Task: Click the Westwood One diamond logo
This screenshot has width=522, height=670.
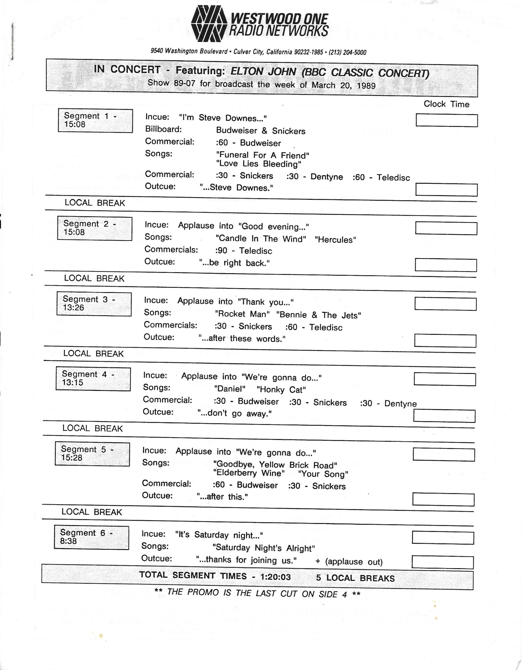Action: coord(209,24)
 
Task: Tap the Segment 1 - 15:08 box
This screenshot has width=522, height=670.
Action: coord(95,121)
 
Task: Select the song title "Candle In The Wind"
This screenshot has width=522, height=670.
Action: coord(261,239)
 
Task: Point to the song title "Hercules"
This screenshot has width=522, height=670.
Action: coord(335,239)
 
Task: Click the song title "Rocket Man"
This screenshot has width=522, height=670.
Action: coord(242,314)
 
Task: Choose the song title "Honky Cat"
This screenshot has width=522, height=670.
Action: coord(281,390)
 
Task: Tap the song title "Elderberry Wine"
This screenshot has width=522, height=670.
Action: coord(249,473)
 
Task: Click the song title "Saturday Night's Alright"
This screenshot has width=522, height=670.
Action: coord(264,548)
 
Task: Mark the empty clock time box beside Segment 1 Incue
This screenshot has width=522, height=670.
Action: coord(447,120)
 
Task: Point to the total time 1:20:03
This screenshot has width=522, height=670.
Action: coord(276,577)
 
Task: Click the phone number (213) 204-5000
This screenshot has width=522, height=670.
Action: coord(347,52)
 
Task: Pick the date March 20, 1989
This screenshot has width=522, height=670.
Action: coord(344,85)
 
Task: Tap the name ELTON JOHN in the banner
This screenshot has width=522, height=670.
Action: coord(263,71)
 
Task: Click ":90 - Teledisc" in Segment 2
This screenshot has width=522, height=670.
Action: coord(244,251)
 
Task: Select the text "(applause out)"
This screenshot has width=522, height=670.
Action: coord(353,562)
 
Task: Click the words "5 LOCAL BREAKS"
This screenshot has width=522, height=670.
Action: coord(355,578)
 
